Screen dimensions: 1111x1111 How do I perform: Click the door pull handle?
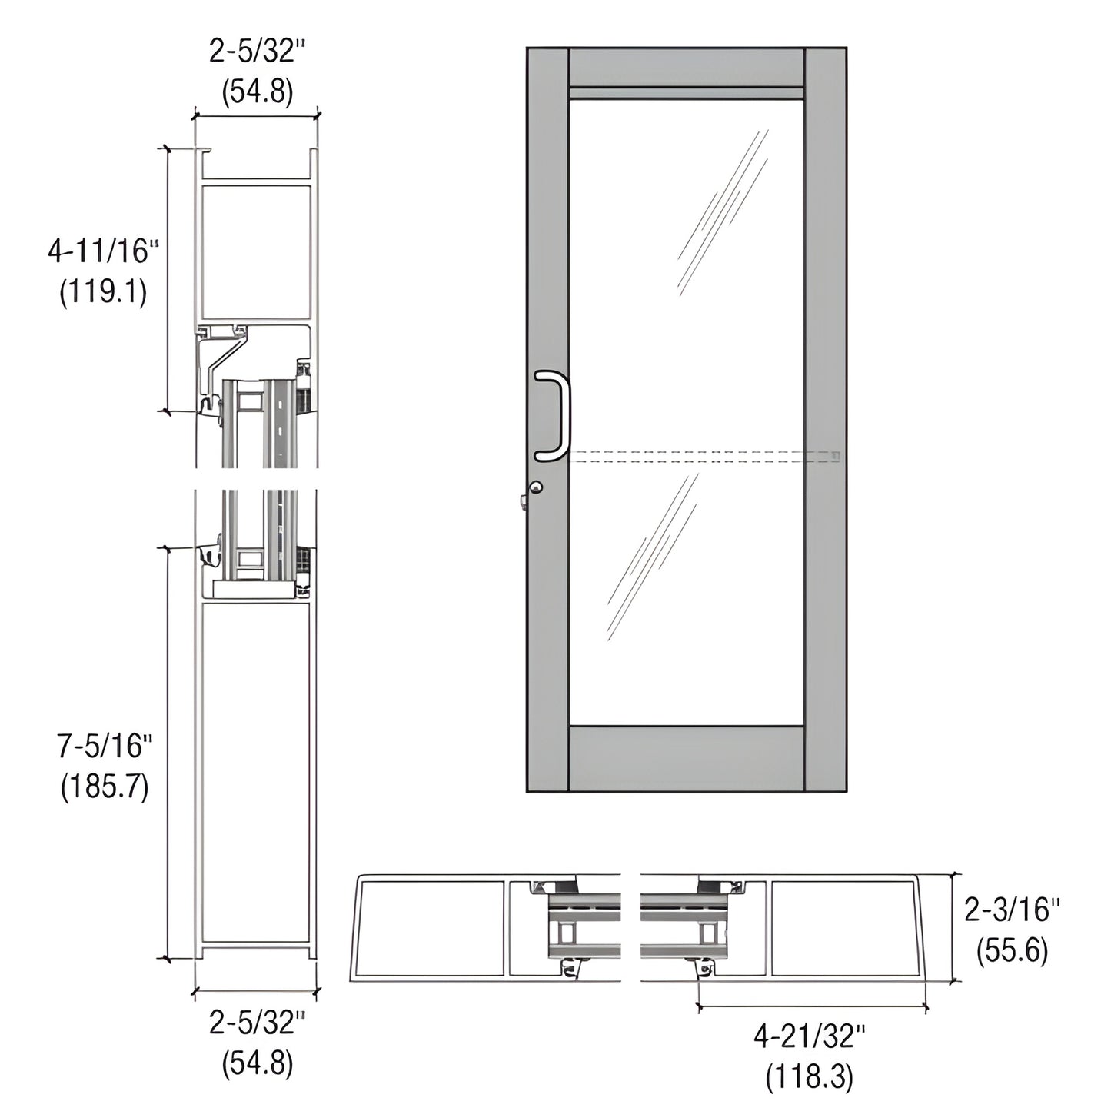point(560,416)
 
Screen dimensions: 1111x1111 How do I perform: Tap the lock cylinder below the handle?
point(536,487)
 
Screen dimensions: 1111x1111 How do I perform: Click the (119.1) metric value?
point(103,293)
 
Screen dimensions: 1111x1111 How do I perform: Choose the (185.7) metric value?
point(105,787)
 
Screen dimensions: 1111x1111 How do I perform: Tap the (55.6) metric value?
point(1012,952)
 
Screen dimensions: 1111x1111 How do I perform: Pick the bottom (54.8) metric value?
point(257,1065)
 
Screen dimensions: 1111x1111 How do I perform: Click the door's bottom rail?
point(687,758)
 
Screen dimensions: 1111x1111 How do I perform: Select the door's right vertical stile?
point(825,419)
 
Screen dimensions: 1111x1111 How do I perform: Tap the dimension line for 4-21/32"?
point(811,1006)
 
